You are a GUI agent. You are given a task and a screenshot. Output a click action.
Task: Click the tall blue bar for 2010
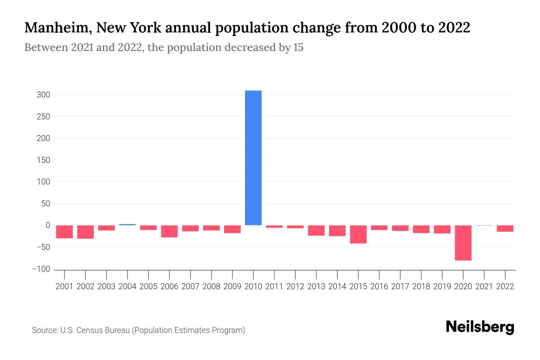click(253, 158)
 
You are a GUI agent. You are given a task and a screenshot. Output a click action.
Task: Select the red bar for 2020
click(463, 243)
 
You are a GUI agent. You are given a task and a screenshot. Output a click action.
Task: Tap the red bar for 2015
click(358, 234)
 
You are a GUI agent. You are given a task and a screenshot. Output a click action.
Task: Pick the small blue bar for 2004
click(127, 224)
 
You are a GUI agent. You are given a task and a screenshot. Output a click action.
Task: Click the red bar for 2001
click(64, 232)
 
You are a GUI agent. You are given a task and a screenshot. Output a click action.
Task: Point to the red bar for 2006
click(169, 231)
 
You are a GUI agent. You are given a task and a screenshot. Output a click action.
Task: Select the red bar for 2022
click(505, 228)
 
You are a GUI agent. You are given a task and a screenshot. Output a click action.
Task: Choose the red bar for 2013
click(316, 230)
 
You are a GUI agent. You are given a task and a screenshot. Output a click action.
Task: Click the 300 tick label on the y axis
click(43, 95)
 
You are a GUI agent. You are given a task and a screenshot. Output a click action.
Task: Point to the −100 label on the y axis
click(41, 269)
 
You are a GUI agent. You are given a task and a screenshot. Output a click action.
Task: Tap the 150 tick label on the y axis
click(43, 160)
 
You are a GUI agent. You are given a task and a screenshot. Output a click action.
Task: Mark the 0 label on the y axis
click(48, 225)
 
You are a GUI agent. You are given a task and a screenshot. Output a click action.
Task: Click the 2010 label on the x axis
click(253, 286)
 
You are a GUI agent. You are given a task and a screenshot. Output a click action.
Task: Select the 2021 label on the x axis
click(484, 286)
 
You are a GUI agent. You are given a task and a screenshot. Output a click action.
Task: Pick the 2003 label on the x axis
click(106, 286)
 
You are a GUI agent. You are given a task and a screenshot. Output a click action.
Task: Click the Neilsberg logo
click(480, 327)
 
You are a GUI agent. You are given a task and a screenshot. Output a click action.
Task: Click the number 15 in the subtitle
click(298, 47)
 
